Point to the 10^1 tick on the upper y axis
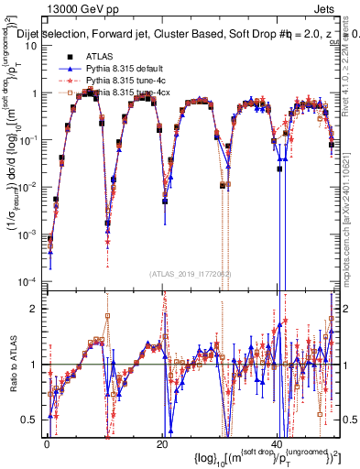tap(30, 47)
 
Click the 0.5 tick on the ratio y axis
tap(30, 420)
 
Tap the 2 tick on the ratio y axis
tap(36, 309)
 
